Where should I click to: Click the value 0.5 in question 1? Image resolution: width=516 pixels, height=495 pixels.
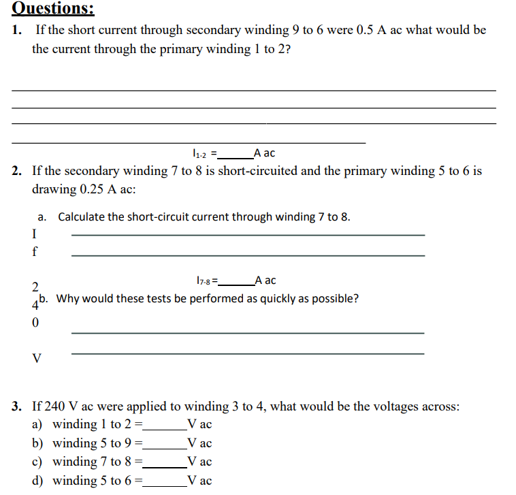[x=368, y=30]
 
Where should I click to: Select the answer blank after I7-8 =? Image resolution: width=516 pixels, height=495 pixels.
[x=236, y=280]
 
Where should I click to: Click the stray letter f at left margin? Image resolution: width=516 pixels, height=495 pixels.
[x=35, y=251]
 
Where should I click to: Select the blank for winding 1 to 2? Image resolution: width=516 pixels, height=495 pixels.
[x=164, y=425]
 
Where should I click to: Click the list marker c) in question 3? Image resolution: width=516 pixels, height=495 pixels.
[x=38, y=462]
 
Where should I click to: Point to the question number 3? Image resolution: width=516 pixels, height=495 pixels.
[x=16, y=406]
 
